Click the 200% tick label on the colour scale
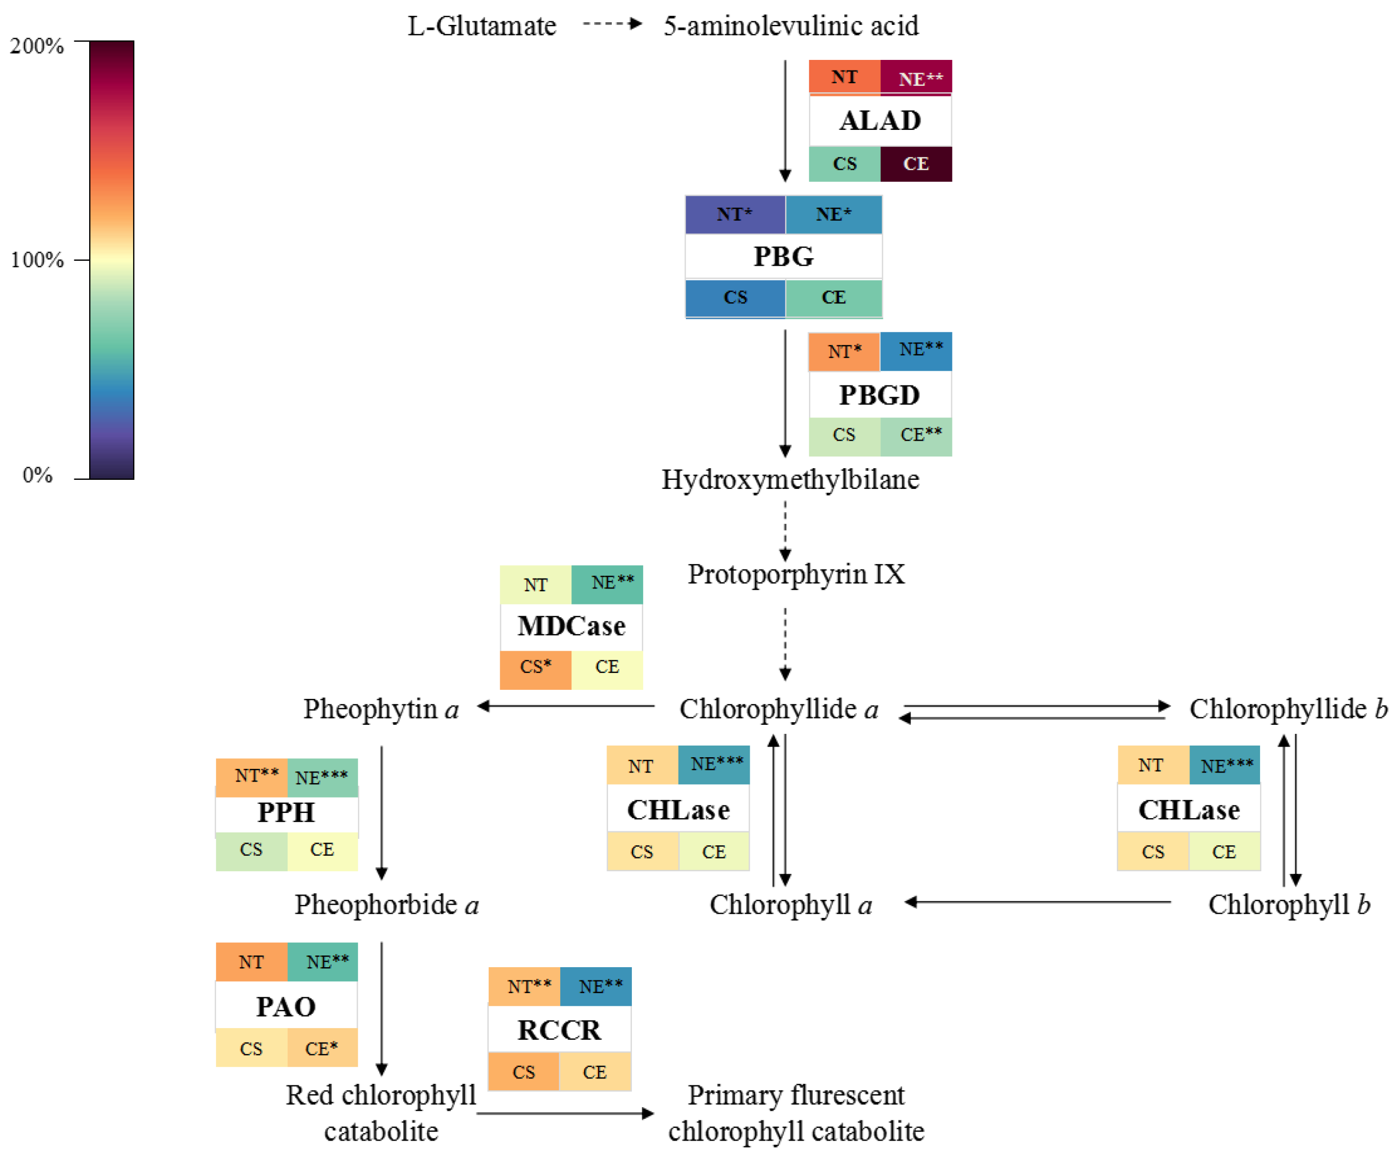point(37,46)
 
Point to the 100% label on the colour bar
point(37,259)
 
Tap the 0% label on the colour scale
point(37,475)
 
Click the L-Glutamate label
point(482,26)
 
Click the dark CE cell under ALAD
point(915,163)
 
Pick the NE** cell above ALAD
point(915,78)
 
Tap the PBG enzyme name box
point(783,256)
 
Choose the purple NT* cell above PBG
point(734,214)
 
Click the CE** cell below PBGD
point(915,435)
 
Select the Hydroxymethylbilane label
point(791,479)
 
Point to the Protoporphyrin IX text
point(796,574)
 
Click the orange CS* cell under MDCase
point(535,668)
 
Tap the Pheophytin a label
point(381,709)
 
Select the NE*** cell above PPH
point(322,777)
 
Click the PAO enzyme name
point(286,1006)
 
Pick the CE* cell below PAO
point(322,1049)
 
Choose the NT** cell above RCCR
point(524,986)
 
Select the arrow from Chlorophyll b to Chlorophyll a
point(1038,901)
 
